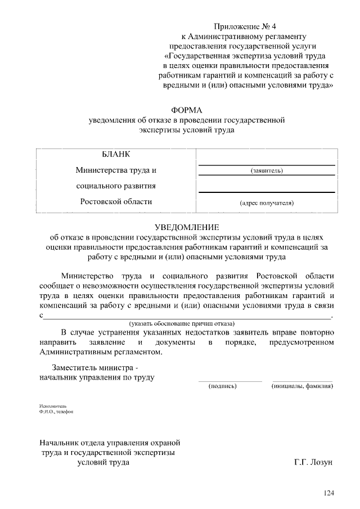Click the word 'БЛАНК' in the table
point(116,155)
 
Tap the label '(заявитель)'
point(267,170)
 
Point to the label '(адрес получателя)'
point(267,202)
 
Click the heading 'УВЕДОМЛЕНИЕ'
point(187,227)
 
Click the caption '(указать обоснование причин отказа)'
point(182,323)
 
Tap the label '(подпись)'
point(222,386)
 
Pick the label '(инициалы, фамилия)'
point(302,386)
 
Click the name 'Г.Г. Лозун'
point(313,462)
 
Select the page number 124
point(328,493)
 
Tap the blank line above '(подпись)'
point(230,381)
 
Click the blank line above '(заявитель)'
point(267,165)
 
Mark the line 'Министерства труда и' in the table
point(116,170)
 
